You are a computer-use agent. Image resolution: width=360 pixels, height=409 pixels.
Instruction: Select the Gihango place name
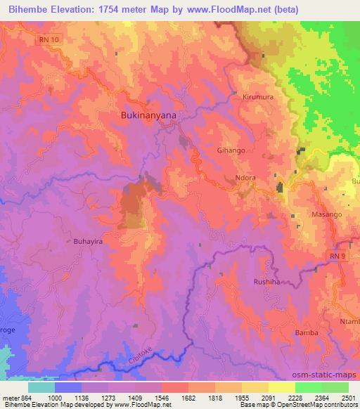coord(231,150)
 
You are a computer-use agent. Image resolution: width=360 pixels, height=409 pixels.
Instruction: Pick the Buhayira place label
coord(89,241)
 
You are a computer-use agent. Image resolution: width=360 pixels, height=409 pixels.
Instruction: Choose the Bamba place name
coord(307,332)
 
